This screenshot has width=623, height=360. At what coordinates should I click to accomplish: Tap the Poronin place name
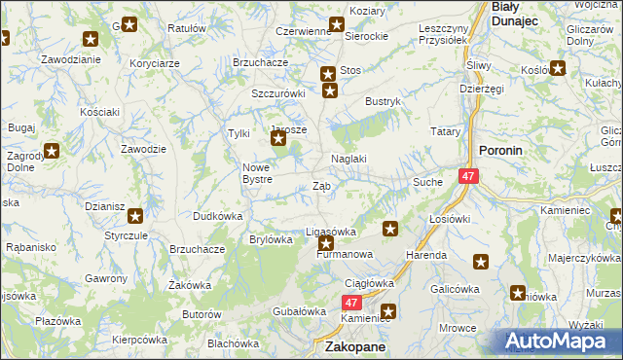[501, 151]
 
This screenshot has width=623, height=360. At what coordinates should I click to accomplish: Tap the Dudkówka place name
[217, 215]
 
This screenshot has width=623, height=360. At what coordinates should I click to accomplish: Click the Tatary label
[445, 130]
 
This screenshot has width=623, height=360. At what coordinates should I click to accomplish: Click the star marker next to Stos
[328, 72]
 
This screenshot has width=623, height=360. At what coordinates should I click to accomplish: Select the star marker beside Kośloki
[558, 68]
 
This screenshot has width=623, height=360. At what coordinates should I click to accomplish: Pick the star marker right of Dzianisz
[134, 216]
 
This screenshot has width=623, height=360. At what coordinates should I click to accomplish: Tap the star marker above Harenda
[390, 230]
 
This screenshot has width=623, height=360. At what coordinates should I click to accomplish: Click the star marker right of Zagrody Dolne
[51, 151]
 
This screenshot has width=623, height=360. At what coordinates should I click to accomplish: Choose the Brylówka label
[272, 239]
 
